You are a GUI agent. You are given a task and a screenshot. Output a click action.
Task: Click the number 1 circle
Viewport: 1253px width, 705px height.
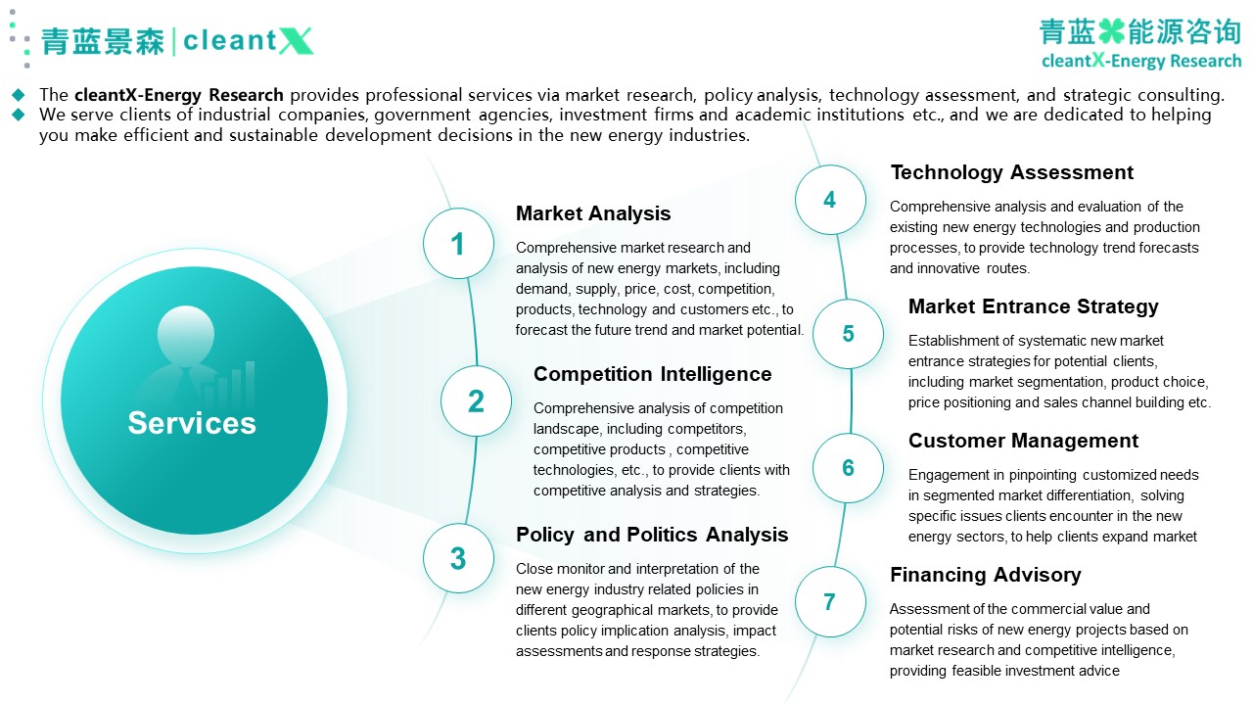click(458, 244)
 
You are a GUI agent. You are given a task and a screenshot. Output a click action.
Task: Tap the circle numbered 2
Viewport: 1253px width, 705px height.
click(476, 400)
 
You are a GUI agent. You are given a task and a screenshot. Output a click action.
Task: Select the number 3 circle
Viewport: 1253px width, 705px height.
click(458, 558)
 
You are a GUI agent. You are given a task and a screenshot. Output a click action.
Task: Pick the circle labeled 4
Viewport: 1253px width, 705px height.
click(830, 200)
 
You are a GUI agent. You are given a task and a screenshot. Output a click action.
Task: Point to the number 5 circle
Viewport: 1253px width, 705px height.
click(848, 334)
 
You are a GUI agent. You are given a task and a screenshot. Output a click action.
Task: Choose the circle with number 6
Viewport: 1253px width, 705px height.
click(848, 468)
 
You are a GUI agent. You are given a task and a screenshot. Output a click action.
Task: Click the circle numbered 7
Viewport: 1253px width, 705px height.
click(830, 601)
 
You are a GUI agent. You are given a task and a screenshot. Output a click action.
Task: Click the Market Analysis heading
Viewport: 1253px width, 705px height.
click(593, 213)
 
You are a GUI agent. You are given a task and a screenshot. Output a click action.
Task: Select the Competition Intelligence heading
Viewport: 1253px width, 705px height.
click(652, 374)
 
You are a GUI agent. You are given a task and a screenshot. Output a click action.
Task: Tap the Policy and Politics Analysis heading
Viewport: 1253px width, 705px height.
click(652, 535)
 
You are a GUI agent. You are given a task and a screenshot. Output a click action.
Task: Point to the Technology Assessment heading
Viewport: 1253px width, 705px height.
click(1012, 172)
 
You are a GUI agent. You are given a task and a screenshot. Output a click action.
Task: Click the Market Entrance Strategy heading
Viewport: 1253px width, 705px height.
click(1033, 306)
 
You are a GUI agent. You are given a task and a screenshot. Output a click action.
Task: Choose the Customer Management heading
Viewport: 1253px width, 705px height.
click(1023, 441)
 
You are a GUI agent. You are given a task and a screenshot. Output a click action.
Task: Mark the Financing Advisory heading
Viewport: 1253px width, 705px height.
click(986, 575)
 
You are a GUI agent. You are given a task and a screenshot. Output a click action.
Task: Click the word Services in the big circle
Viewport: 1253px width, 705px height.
click(192, 422)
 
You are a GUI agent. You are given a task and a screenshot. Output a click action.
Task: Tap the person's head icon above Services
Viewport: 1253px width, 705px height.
click(186, 334)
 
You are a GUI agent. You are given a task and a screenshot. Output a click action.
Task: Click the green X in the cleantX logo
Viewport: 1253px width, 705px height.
click(296, 41)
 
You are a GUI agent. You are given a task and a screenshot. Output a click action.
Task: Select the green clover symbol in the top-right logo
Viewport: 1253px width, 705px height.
click(1111, 31)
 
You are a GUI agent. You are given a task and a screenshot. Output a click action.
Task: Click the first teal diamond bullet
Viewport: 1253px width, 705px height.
click(19, 95)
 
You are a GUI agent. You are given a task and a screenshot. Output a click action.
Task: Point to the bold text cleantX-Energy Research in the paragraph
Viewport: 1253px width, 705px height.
click(179, 95)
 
